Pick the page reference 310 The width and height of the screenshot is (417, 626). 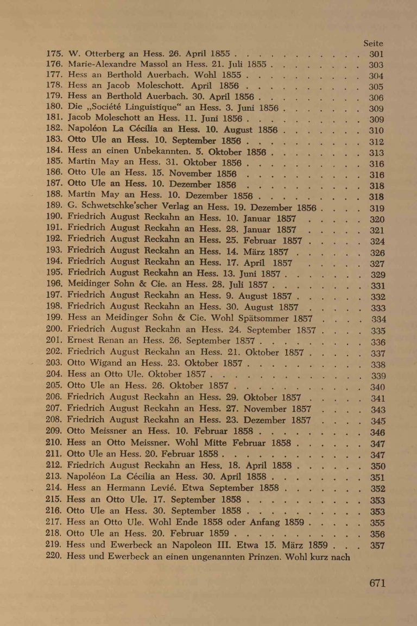pyautogui.click(x=376, y=130)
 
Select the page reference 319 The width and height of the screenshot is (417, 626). pyautogui.click(x=377, y=209)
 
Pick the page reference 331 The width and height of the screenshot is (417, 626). pyautogui.click(x=377, y=285)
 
